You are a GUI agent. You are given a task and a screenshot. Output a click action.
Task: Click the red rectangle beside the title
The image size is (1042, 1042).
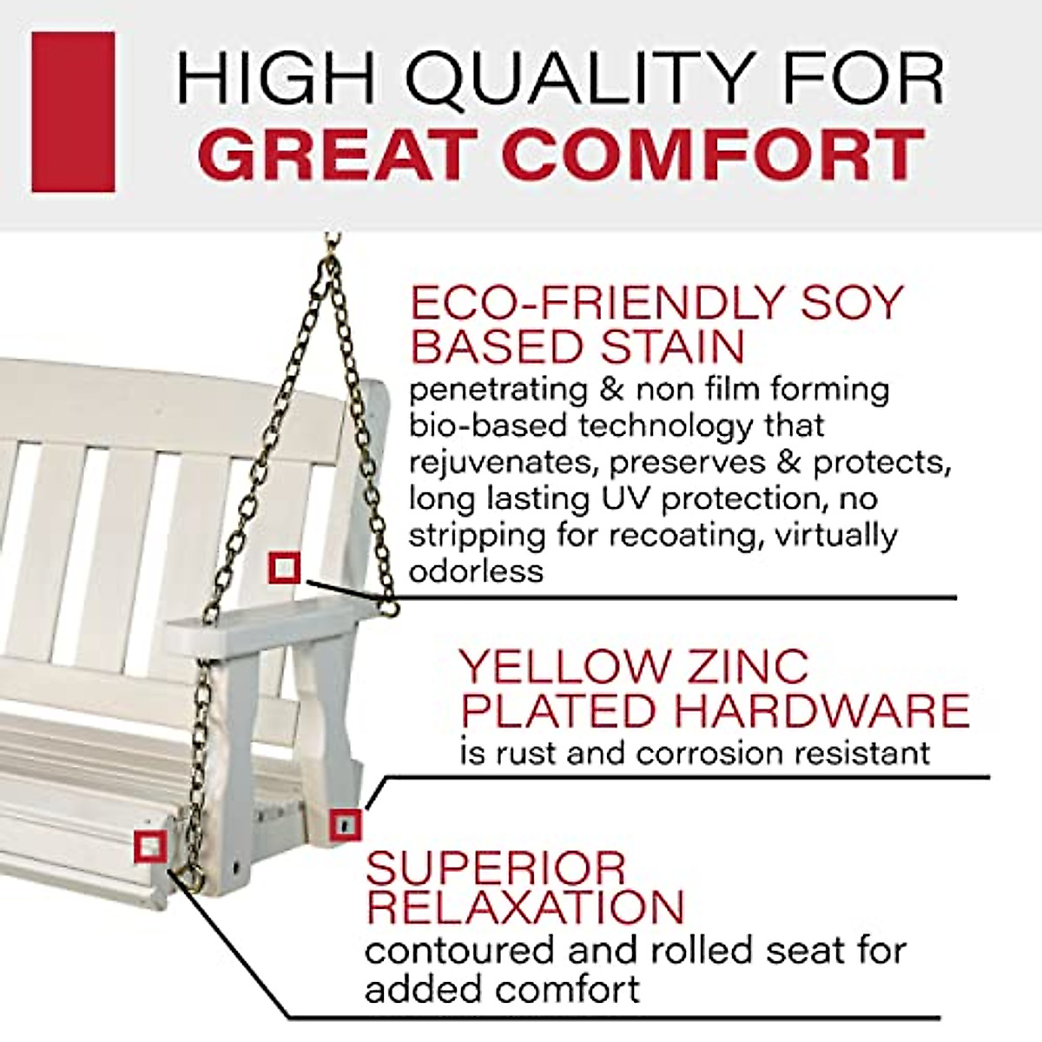tap(73, 112)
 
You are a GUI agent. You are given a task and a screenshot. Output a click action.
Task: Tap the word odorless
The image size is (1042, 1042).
tap(476, 571)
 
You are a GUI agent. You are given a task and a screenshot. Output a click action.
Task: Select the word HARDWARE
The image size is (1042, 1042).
tap(821, 711)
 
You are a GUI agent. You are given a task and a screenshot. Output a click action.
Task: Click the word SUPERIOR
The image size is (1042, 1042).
tap(496, 868)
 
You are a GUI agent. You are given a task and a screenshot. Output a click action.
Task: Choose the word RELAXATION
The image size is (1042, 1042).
tap(525, 907)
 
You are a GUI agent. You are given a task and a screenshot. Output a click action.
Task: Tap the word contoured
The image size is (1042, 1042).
tap(460, 950)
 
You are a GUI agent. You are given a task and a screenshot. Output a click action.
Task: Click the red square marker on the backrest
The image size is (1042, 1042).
tap(284, 569)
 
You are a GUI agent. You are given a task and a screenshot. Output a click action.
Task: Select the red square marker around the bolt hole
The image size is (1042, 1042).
tap(345, 824)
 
